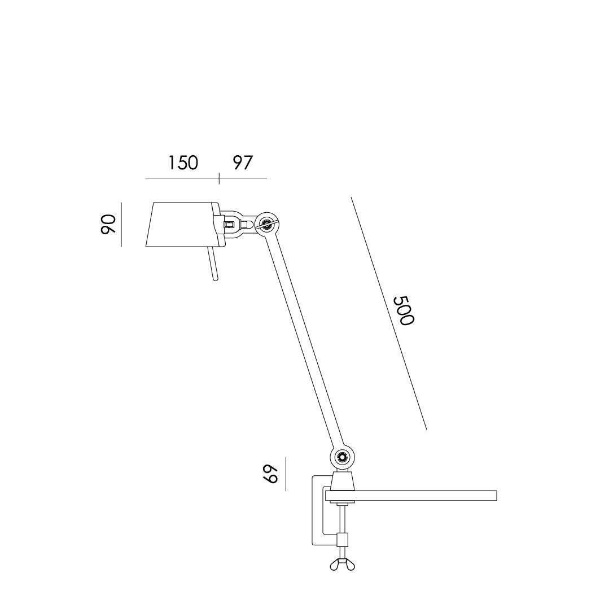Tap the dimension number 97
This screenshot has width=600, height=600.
(243, 163)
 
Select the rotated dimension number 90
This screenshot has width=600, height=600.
(108, 224)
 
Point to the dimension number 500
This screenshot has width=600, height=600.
(404, 310)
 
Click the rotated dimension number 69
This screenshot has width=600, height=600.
(272, 474)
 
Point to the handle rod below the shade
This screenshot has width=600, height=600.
(213, 264)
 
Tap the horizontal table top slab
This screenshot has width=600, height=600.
(423, 496)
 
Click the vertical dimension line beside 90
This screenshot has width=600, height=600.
(121, 224)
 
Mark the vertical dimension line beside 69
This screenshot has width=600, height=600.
(286, 474)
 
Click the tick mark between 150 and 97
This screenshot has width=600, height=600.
(219, 178)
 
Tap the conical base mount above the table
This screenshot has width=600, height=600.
(342, 481)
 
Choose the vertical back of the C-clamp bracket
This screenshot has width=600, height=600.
(315, 511)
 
